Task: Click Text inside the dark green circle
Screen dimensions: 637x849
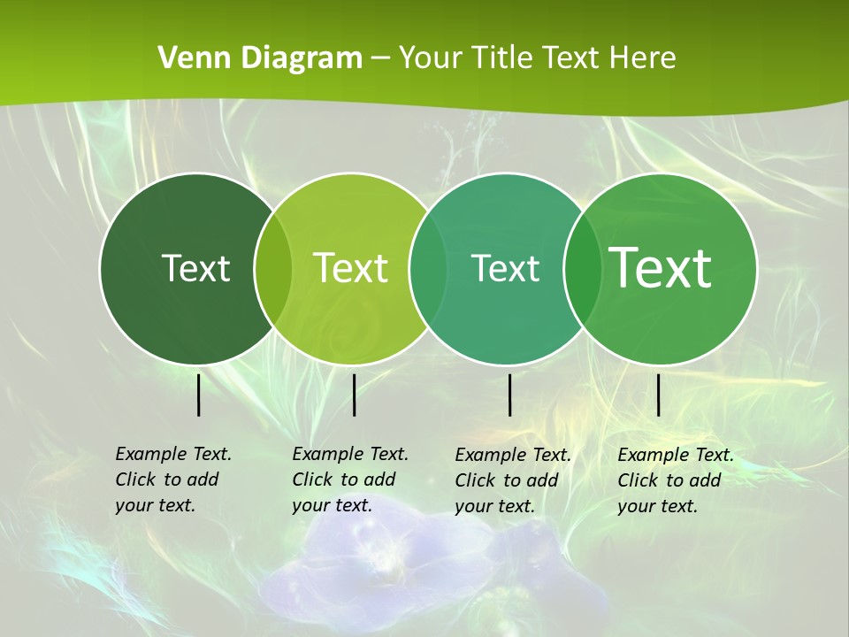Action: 195,268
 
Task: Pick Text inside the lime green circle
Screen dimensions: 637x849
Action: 350,268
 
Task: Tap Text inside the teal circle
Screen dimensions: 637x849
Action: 505,268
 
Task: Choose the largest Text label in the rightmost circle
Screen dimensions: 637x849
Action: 661,267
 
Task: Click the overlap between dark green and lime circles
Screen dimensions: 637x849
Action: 273,268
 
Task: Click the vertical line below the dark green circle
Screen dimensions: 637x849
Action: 199,395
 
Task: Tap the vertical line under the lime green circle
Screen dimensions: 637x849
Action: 354,395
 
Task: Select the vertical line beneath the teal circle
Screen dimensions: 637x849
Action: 510,395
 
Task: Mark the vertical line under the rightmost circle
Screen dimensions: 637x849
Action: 659,395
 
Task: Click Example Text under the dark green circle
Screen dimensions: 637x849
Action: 173,454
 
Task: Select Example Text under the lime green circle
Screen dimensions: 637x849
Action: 350,454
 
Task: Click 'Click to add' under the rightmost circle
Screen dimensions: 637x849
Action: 669,480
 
